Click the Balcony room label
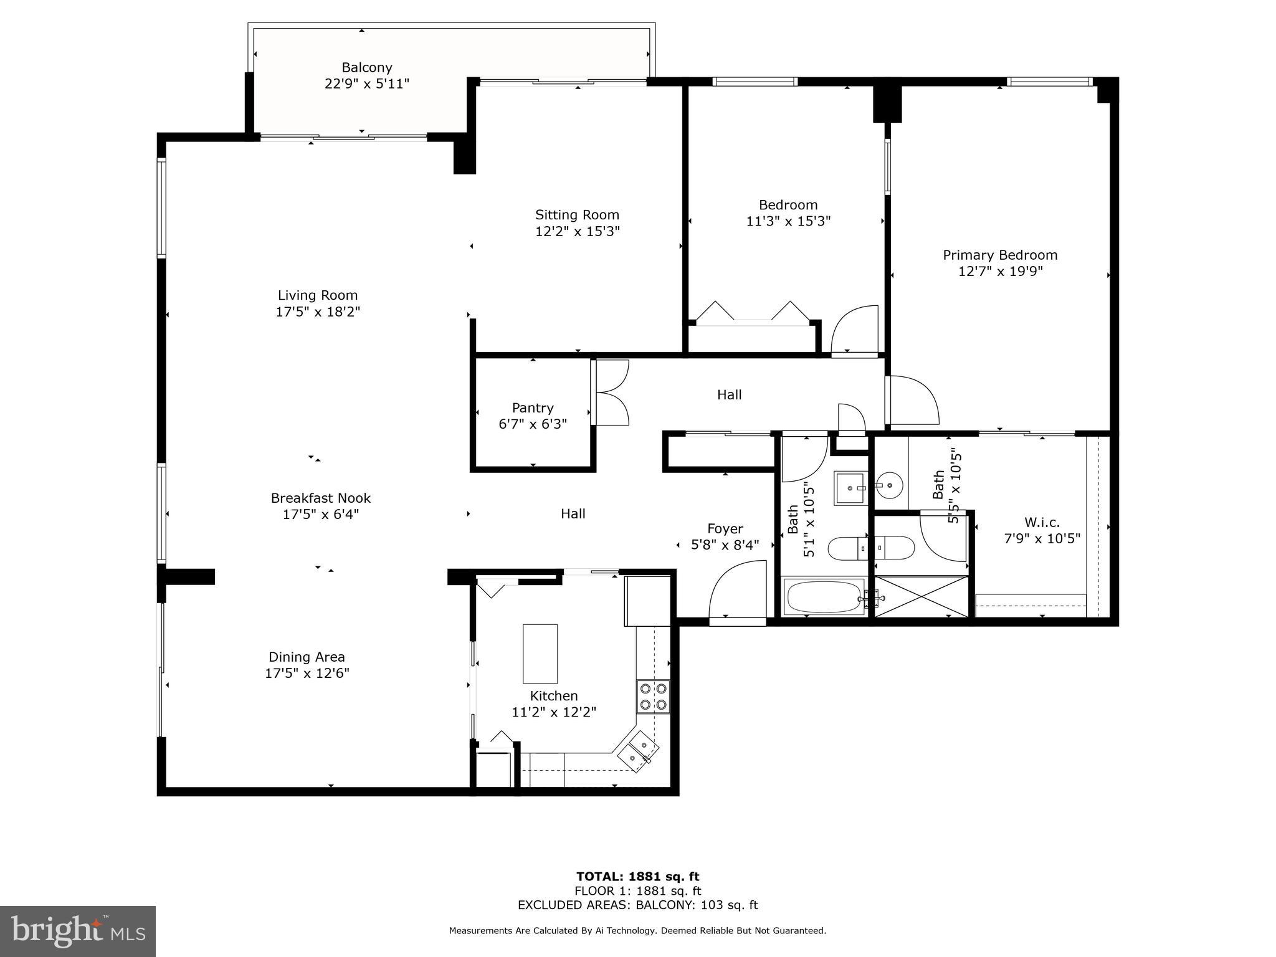tap(366, 67)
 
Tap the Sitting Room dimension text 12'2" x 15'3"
tap(577, 232)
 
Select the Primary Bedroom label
tap(999, 255)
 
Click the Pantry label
tap(532, 408)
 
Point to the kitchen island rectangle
tap(540, 654)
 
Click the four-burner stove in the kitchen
tap(652, 697)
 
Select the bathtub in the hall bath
tap(824, 597)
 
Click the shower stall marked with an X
tap(921, 597)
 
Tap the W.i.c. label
tap(1041, 523)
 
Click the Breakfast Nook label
tap(320, 498)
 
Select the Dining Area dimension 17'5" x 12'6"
tap(307, 674)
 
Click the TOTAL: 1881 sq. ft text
tap(637, 877)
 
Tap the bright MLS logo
tap(78, 931)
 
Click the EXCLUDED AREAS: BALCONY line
tap(637, 905)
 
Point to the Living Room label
tap(317, 295)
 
